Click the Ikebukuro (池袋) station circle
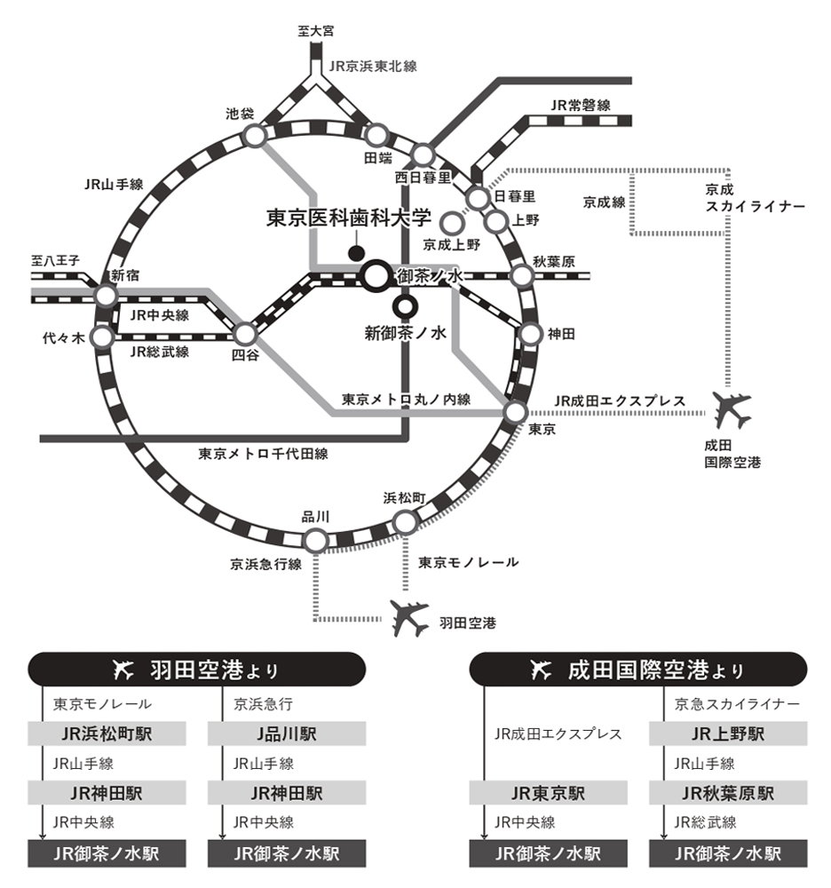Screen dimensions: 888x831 (255, 136)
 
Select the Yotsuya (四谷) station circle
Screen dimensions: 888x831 (245, 334)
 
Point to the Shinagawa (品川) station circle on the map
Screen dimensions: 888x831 (314, 539)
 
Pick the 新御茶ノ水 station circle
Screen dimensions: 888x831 (406, 307)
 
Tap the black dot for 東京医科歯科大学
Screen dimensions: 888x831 (356, 253)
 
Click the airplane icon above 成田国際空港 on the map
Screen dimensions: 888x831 (732, 409)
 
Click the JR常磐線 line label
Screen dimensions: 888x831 (581, 105)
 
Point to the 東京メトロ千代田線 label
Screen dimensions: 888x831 (264, 454)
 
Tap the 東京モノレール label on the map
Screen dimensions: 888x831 (468, 562)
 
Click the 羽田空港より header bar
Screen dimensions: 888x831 (197, 670)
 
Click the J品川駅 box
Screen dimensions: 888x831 (287, 734)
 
